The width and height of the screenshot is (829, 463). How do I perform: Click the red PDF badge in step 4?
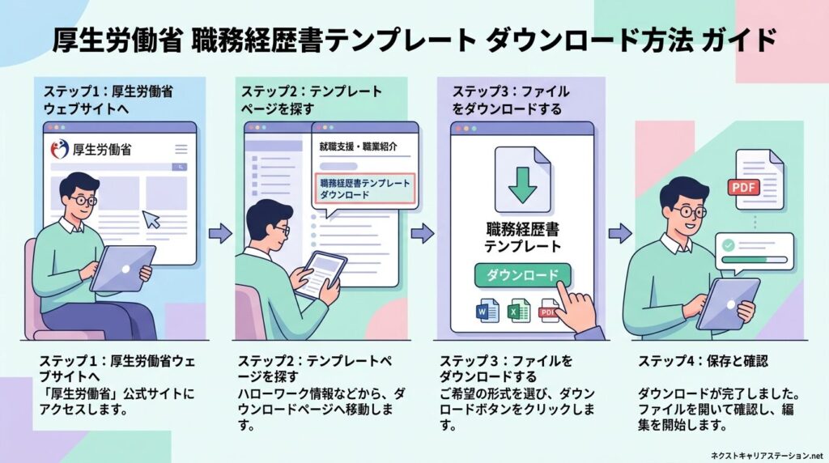tap(745, 187)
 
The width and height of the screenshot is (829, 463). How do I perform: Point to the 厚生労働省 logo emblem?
tap(59, 149)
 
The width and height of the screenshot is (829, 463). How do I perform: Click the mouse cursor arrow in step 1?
tap(151, 219)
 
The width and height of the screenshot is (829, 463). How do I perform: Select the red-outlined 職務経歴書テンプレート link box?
tap(364, 189)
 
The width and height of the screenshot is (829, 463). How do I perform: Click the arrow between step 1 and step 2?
tap(219, 234)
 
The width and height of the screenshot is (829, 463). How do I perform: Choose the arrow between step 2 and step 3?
tap(422, 234)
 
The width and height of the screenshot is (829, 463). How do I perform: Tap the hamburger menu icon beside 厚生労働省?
tap(181, 149)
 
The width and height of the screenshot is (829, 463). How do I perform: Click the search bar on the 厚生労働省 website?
tap(118, 167)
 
